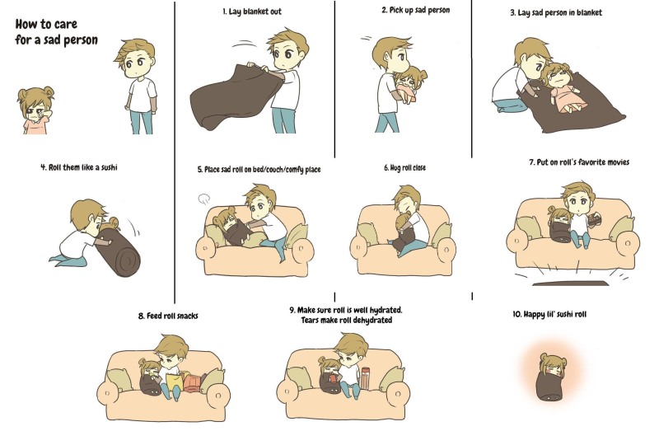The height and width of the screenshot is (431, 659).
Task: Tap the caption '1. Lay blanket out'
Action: pos(252,12)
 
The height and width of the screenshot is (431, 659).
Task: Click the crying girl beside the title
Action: pos(35,110)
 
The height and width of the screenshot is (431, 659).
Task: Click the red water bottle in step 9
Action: pos(365,378)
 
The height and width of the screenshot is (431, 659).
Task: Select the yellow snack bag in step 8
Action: pos(174,382)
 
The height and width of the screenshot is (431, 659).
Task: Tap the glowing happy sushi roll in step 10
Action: pos(551,377)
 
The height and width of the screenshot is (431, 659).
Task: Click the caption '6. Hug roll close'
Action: pos(404,168)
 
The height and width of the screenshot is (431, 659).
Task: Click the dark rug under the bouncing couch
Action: pos(570,283)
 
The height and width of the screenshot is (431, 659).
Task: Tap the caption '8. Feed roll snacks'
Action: pos(168,316)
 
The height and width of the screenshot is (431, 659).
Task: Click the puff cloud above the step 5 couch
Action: pos(203,199)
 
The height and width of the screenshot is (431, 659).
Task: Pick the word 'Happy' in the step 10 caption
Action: pos(534,314)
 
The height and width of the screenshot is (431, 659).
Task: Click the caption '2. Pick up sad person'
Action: pos(416,10)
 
